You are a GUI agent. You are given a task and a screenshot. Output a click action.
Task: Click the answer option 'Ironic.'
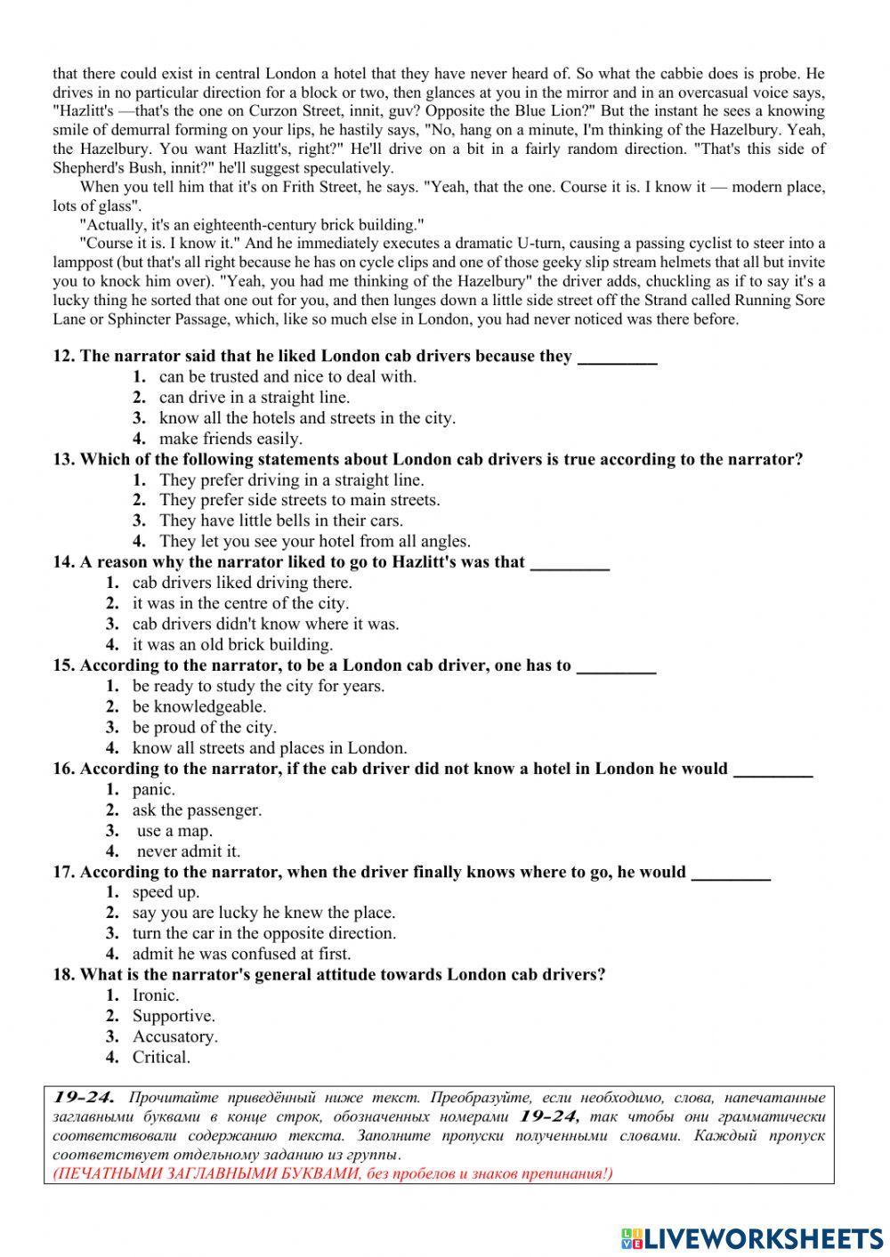155,995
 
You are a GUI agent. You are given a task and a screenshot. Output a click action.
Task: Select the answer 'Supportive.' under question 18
174,1016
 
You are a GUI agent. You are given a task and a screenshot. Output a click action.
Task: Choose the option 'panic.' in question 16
153,789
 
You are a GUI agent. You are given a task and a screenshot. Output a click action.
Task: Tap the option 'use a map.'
174,831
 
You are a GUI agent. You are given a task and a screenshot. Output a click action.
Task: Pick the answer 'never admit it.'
188,851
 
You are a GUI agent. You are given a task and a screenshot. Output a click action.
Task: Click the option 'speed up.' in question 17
166,892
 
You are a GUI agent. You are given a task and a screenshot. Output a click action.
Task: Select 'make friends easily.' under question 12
231,439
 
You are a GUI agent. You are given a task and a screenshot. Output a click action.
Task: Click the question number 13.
63,459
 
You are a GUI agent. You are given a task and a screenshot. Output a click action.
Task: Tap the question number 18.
63,974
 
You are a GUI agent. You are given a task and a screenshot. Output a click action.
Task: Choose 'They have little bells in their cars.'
280,520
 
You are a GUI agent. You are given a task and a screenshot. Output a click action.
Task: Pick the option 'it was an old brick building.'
232,644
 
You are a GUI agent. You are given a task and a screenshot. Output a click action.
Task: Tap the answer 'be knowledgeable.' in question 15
199,706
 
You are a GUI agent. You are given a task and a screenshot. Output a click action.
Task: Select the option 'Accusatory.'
174,1036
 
